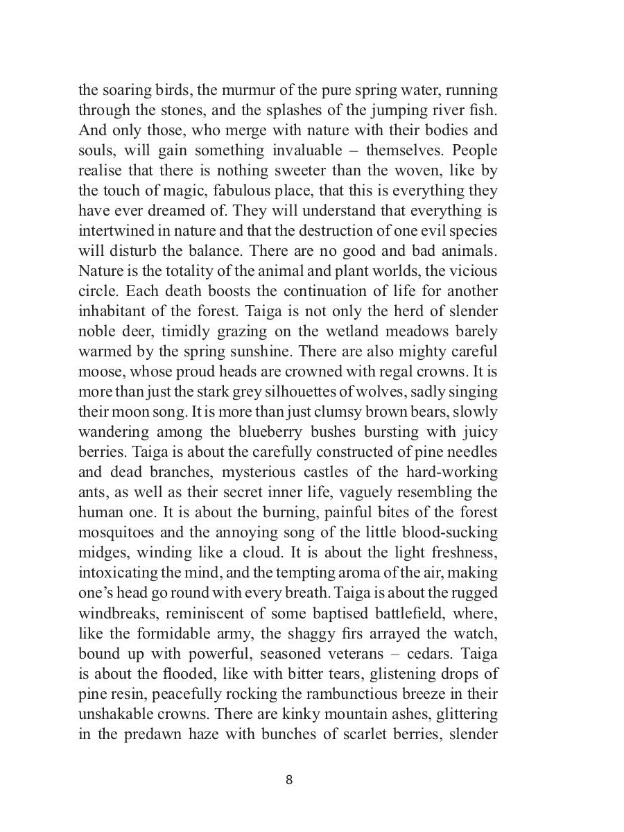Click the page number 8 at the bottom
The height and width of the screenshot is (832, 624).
289,780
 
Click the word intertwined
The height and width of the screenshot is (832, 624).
117,231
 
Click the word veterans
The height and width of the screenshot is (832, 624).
390,654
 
